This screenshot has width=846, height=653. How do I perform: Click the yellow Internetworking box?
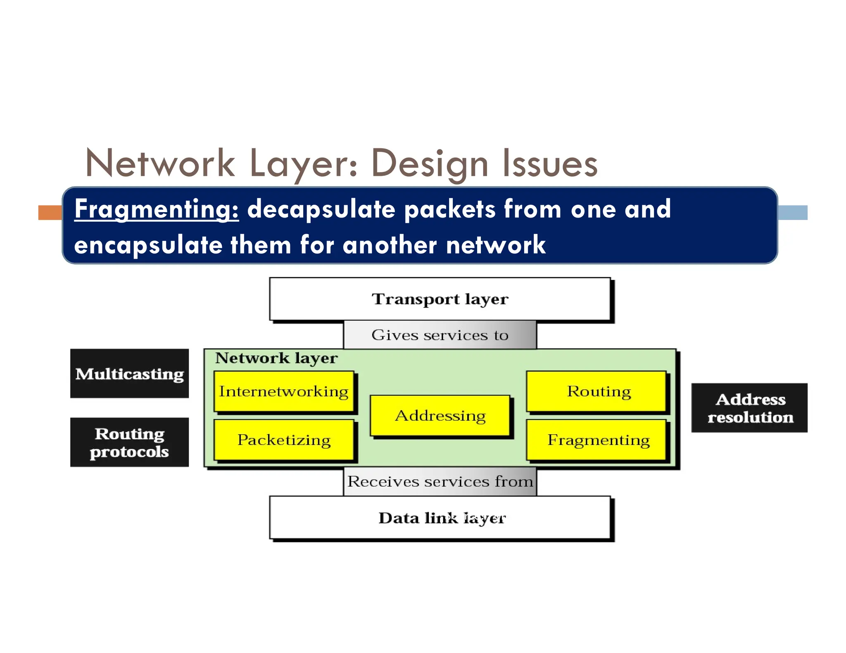coord(284,391)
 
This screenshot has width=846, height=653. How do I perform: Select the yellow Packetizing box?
coord(284,440)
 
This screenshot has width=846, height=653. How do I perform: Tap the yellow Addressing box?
coord(440,415)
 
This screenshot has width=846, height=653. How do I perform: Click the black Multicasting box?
coord(129,374)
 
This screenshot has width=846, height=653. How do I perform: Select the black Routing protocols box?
coord(129,442)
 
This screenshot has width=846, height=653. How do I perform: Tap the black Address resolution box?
coord(749,408)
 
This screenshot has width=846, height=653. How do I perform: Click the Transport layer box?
coord(440,299)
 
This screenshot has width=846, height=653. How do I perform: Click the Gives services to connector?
coord(440,335)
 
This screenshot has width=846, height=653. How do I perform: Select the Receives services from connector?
coord(440,481)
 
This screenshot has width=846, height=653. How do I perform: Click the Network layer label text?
coord(276,358)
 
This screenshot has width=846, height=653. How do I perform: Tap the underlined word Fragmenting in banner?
coord(157,209)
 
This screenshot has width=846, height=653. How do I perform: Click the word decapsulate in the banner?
coord(321,209)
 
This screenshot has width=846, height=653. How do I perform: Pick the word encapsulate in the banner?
coord(148,245)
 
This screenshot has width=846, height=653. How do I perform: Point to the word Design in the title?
coord(430,164)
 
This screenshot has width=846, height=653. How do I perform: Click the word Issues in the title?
coord(550,164)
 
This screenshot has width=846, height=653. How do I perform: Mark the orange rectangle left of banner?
coord(50,213)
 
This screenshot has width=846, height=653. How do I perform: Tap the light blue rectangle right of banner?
coord(792,213)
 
